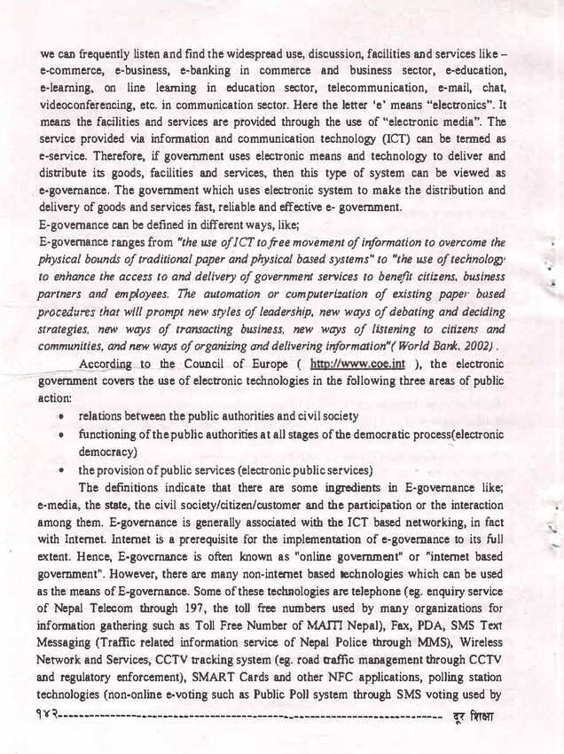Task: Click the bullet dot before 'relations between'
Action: coord(63,417)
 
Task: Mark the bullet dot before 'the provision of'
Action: coord(63,470)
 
